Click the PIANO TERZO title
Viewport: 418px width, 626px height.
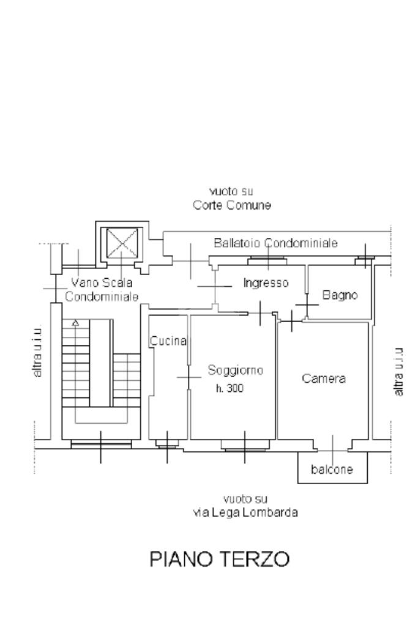click(x=219, y=559)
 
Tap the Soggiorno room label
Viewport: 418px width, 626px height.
click(x=236, y=370)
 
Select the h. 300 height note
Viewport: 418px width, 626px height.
click(x=230, y=388)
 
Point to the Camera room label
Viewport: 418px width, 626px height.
click(x=324, y=378)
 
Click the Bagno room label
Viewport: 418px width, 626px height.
click(x=340, y=295)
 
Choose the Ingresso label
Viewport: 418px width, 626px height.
click(x=266, y=283)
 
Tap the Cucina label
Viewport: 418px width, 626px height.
click(x=168, y=341)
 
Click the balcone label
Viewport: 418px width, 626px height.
click(x=332, y=469)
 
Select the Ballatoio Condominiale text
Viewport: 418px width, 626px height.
click(x=276, y=243)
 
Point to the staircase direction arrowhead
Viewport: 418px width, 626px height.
click(x=75, y=323)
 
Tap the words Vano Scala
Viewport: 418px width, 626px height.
click(x=102, y=282)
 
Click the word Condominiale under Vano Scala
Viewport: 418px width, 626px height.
click(x=102, y=296)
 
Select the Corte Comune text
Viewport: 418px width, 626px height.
click(x=232, y=205)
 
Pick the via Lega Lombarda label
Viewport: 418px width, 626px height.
click(x=245, y=512)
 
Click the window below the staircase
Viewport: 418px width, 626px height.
click(x=101, y=444)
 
